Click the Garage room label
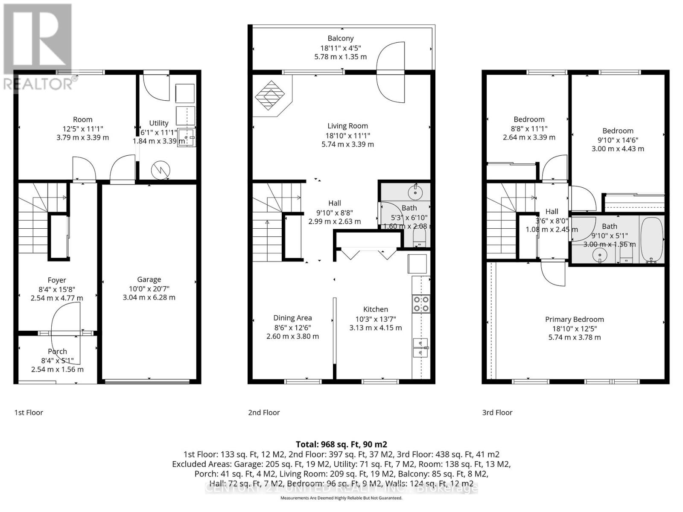[x=149, y=279]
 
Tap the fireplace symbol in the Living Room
[x=270, y=96]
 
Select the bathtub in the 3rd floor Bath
[x=651, y=239]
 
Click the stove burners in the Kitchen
[x=421, y=303]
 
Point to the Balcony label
[x=341, y=38]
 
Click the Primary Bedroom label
[x=574, y=319]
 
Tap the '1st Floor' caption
[x=29, y=413]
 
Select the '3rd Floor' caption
[x=497, y=413]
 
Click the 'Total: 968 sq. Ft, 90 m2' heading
[x=341, y=444]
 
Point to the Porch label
[x=57, y=351]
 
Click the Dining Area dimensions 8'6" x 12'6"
[x=292, y=327]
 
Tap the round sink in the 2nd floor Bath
[x=414, y=192]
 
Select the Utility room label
[x=159, y=123]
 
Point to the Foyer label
[x=57, y=280]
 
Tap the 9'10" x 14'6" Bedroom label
[x=618, y=131]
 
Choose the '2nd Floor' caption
[x=264, y=413]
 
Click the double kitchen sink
[x=420, y=347]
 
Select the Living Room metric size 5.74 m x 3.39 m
[x=347, y=144]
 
